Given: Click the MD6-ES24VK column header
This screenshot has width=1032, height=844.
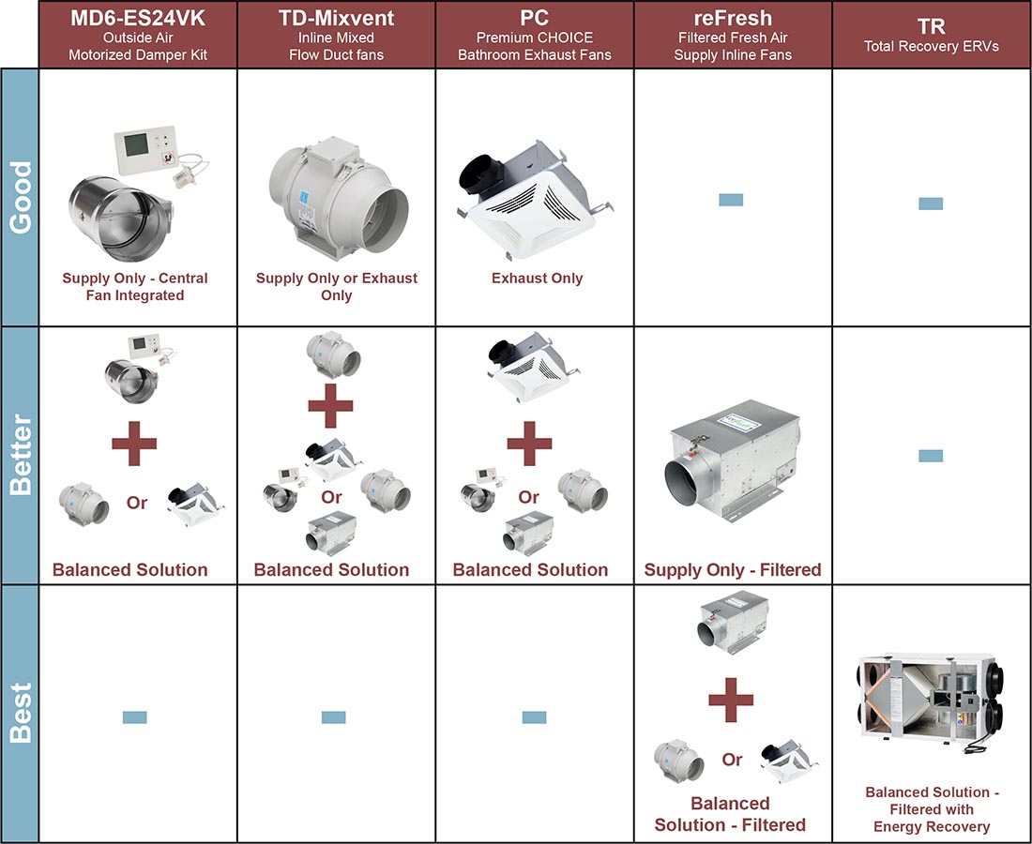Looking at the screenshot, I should tap(138, 35).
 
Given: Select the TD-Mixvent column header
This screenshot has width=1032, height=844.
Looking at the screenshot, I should tap(336, 35).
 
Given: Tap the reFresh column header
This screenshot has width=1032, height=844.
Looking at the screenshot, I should tap(733, 35).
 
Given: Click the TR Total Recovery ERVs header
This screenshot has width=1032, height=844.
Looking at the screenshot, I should tap(931, 35).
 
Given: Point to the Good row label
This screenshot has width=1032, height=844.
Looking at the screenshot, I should tap(20, 197).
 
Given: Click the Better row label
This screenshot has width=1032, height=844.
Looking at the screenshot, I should tap(20, 455).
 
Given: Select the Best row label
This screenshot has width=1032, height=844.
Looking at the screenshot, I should tap(20, 713).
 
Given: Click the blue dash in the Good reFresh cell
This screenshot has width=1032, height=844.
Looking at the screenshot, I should tap(730, 200).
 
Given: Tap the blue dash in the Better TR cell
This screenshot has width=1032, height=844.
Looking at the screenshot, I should tap(930, 456).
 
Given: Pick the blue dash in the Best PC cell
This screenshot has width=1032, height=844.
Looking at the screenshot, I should tap(534, 717).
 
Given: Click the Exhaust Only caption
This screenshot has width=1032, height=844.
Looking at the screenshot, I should tap(537, 279).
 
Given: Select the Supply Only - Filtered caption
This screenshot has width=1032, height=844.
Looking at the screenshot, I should tap(733, 569).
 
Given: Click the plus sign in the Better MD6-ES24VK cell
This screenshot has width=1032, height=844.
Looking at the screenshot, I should tap(134, 444).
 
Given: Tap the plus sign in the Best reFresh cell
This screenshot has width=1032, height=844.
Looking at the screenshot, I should tap(731, 700).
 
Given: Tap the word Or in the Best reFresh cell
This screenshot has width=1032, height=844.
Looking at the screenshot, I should tap(733, 760).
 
